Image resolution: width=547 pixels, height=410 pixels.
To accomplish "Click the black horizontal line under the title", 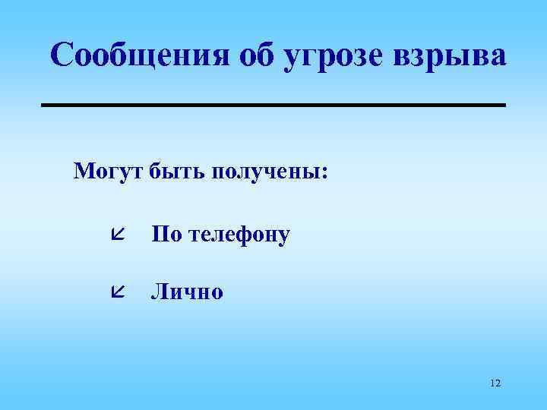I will click(x=273, y=104).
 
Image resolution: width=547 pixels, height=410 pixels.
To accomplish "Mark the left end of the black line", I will click(x=43, y=104).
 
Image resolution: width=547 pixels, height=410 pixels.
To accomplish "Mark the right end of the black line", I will click(x=504, y=104).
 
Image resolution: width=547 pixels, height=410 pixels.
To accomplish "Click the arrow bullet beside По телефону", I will click(x=117, y=233).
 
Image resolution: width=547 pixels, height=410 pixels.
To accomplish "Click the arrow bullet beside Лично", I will click(x=117, y=290).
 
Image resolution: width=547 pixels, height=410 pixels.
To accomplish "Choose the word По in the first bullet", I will click(x=166, y=234).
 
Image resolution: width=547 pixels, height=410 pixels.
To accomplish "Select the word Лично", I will click(x=187, y=291).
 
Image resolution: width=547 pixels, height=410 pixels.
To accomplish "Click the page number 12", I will click(x=495, y=383).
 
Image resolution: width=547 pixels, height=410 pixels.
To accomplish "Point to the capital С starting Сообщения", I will click(x=64, y=55).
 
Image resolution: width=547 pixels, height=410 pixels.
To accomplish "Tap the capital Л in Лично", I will click(x=159, y=291).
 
